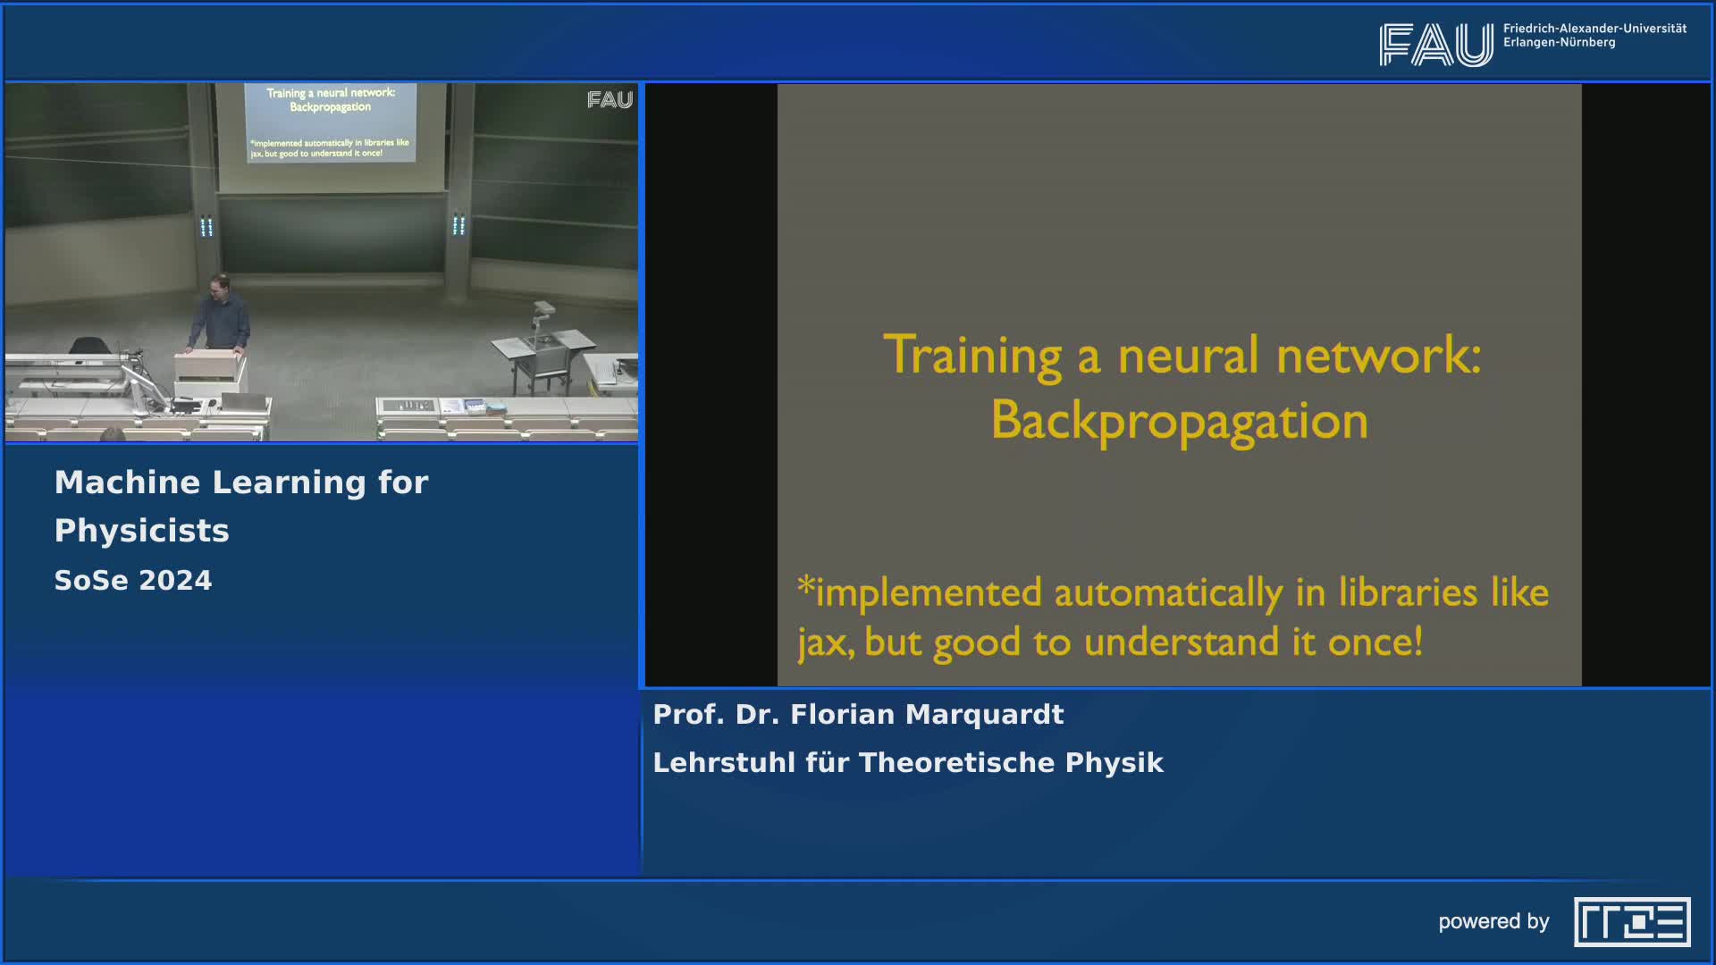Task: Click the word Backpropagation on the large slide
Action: click(x=1179, y=421)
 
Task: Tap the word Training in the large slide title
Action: click(x=972, y=356)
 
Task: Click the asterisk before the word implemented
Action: click(x=806, y=585)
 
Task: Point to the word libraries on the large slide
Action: click(x=1408, y=592)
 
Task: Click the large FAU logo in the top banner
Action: click(x=1436, y=45)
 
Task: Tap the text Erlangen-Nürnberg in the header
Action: click(x=1560, y=43)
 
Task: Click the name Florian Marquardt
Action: click(x=927, y=715)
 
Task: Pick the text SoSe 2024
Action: click(x=133, y=581)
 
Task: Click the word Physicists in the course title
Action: click(x=142, y=532)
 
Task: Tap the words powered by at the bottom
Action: click(x=1493, y=922)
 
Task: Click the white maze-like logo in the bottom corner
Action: click(x=1632, y=922)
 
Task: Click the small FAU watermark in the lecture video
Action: click(x=610, y=100)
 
